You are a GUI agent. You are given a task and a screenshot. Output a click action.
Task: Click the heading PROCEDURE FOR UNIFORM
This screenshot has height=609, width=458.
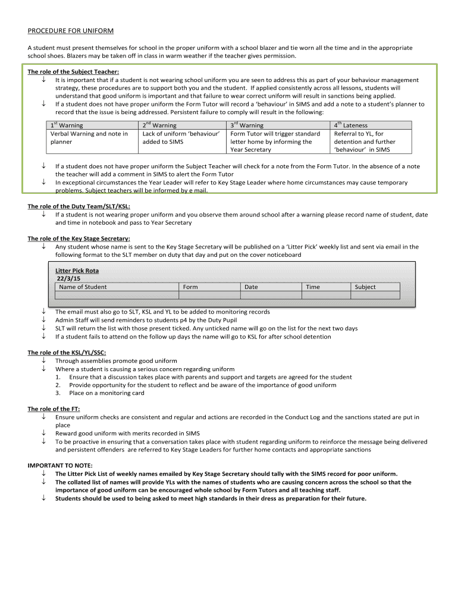[x=70, y=30]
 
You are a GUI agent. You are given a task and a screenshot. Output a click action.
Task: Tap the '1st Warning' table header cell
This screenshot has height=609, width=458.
[x=67, y=125]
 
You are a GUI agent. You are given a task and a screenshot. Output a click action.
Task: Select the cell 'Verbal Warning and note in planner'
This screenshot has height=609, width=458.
[x=89, y=138]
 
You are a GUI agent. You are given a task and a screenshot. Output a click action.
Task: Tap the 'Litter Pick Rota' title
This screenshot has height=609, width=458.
[x=77, y=271]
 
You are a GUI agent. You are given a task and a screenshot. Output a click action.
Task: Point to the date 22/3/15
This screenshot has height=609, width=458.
[x=70, y=278]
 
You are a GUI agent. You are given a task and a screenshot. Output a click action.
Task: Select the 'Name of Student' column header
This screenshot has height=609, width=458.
[x=83, y=287]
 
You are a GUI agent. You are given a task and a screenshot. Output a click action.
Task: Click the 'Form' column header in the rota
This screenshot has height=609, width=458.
[x=190, y=287]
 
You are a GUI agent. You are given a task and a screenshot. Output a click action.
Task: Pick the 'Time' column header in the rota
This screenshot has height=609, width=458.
[x=312, y=287]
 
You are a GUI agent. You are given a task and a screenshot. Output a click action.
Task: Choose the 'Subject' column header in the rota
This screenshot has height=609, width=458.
[x=365, y=287]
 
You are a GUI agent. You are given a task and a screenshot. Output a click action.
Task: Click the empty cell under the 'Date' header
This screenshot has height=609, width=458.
[x=270, y=295]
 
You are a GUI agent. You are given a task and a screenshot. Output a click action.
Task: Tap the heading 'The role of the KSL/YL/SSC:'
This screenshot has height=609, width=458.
[x=67, y=353]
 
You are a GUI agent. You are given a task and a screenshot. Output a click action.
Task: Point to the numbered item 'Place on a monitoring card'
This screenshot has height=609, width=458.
[x=106, y=393]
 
